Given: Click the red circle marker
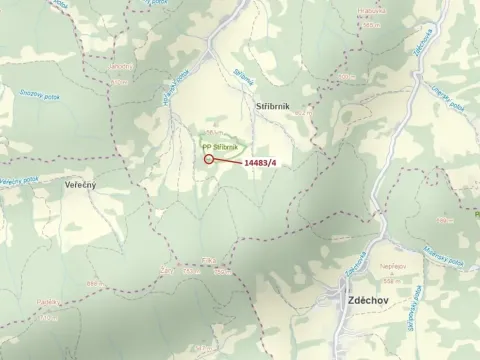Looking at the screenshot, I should [208, 158].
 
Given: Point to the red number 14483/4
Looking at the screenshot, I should [260, 162].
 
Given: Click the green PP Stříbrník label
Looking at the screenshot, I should [220, 147].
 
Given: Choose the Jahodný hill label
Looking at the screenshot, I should [121, 67].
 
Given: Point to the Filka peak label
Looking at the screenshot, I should [208, 262].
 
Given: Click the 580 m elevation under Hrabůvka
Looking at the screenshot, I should [372, 24].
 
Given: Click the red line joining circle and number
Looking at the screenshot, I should [228, 160].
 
